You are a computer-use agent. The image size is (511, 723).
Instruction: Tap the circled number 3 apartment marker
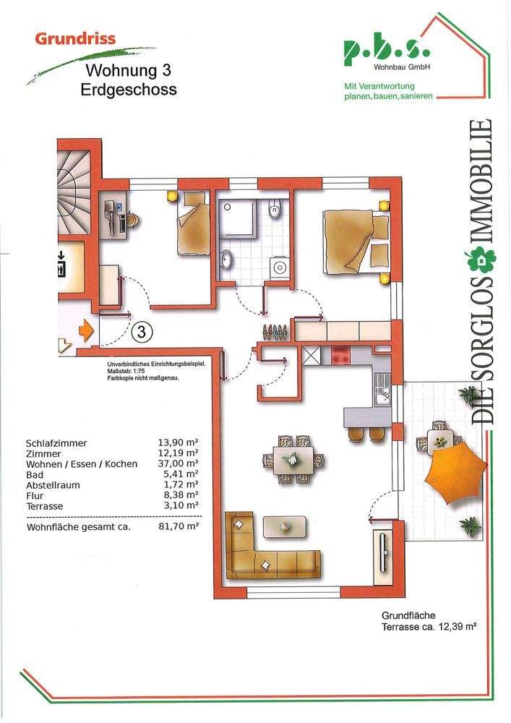[x=143, y=333]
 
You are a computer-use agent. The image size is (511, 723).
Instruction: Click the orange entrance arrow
[x=86, y=331]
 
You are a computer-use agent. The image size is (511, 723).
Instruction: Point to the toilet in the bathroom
[x=274, y=210]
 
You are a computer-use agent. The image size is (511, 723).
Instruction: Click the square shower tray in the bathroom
[x=236, y=219]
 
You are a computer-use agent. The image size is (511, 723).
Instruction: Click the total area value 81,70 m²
[x=179, y=527]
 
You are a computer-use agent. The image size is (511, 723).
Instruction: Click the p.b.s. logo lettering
[x=385, y=51]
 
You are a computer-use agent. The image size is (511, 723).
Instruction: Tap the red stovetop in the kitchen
[x=340, y=356]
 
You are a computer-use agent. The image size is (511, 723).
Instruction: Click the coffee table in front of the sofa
[x=288, y=525]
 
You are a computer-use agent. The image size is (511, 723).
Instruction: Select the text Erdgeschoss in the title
[x=129, y=90]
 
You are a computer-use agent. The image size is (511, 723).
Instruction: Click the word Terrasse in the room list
[x=45, y=506]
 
